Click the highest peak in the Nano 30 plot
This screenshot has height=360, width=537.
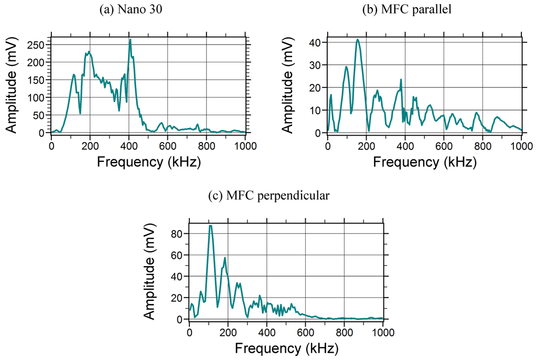click(130, 39)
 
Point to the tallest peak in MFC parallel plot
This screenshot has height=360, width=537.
click(357, 39)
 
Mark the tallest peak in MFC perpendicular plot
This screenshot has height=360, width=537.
click(210, 225)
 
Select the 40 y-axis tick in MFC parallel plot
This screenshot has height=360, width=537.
click(318, 42)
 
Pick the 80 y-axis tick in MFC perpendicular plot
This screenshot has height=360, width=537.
click(180, 233)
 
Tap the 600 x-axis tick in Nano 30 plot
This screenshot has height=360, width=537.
click(167, 146)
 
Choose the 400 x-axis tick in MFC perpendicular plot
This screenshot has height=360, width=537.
click(267, 332)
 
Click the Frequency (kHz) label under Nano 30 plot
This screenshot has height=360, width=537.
click(148, 161)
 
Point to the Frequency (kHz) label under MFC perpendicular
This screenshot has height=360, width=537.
click(286, 347)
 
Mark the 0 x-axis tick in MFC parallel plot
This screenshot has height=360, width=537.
click(328, 146)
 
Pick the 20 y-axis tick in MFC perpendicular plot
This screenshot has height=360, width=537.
click(180, 298)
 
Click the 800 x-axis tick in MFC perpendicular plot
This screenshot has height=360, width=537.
click(344, 332)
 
